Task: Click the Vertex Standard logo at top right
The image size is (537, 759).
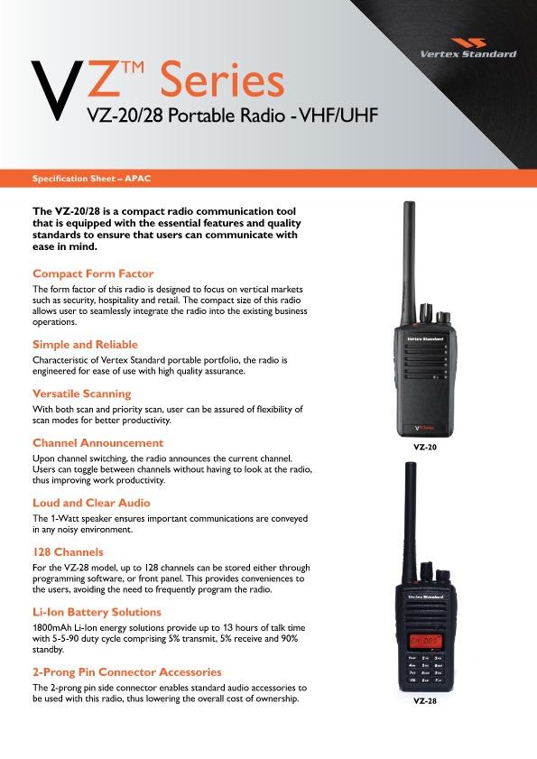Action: click(x=468, y=48)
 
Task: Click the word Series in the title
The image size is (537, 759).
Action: click(x=222, y=79)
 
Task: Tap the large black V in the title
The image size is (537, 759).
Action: click(x=58, y=90)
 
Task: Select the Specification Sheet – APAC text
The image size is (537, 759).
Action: click(x=91, y=178)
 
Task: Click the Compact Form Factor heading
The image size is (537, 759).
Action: click(x=93, y=273)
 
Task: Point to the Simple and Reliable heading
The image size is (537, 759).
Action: click(x=85, y=345)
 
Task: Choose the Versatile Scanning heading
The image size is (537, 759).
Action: click(x=82, y=393)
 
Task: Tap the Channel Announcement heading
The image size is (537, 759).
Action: click(x=97, y=443)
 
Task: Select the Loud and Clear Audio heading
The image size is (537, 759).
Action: click(x=91, y=503)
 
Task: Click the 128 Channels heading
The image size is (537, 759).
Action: click(x=68, y=552)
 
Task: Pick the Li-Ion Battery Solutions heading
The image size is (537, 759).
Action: click(x=97, y=612)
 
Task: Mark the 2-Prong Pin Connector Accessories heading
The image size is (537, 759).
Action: click(x=127, y=672)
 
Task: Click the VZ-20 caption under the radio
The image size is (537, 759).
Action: click(x=425, y=448)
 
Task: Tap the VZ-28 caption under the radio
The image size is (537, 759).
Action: click(x=425, y=700)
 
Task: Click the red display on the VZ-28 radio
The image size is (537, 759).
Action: click(x=425, y=642)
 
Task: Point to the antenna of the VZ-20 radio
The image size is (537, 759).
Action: click(x=409, y=264)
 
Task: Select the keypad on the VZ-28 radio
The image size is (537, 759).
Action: click(x=425, y=669)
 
